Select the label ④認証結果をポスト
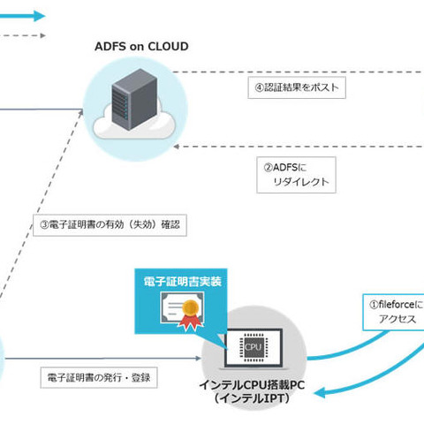tap(293, 88)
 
